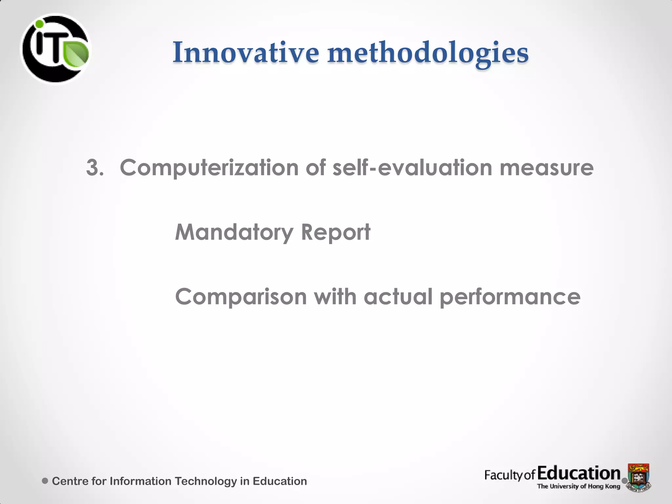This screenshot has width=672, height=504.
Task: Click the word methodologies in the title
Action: [x=428, y=53]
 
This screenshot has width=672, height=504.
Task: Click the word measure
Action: [x=546, y=168]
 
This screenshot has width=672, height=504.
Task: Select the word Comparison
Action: [x=241, y=297]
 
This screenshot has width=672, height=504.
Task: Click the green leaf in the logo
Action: [x=76, y=53]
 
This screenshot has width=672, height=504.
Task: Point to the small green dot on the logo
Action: [x=39, y=24]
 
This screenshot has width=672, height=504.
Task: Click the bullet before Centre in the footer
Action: [x=45, y=481]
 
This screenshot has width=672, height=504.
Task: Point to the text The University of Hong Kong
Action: [x=578, y=486]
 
